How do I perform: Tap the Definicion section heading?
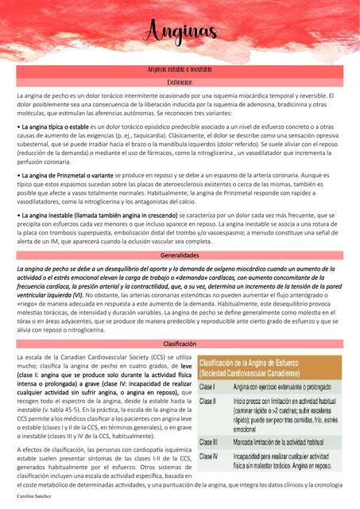180,82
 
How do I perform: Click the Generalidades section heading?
180,256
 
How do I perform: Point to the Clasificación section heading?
180,343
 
